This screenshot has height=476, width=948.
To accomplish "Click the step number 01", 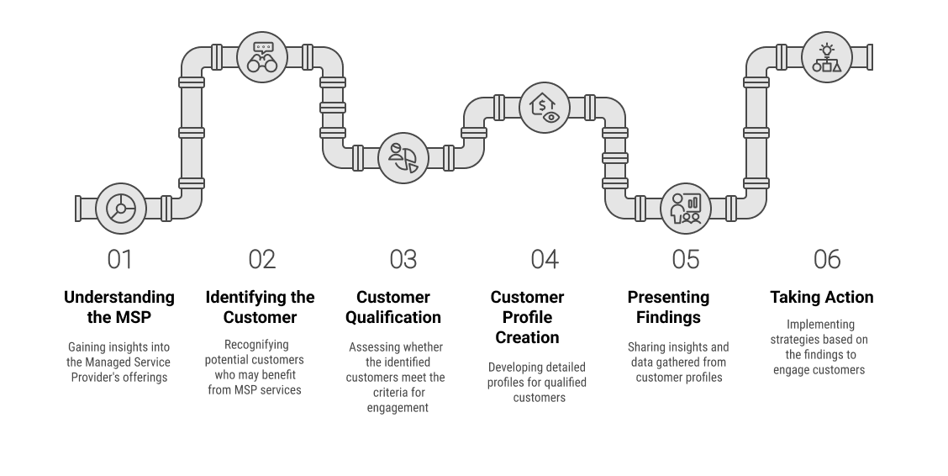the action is click(119, 260).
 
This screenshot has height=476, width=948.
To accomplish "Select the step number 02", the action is click(261, 260).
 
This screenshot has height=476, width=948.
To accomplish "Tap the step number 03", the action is click(403, 260).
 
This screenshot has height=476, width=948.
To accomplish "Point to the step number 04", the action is click(545, 260).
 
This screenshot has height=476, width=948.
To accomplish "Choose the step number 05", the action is click(686, 260).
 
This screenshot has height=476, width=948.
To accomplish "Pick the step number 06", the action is click(827, 260).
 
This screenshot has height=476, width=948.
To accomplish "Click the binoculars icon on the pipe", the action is click(261, 57).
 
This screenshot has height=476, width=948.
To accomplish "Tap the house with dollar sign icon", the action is click(545, 108).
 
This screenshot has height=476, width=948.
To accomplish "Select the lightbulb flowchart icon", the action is click(826, 57).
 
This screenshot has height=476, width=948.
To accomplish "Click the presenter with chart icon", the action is click(686, 209).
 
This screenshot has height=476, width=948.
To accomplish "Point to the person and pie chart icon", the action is click(403, 158).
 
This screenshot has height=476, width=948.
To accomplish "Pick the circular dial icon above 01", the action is click(121, 209).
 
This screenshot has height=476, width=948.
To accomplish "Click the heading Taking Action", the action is click(822, 297).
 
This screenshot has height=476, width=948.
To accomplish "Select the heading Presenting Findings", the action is click(668, 307).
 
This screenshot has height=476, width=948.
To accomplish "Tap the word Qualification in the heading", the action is click(393, 318).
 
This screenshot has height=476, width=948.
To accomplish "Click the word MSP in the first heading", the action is click(133, 318).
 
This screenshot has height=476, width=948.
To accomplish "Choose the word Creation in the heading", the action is click(527, 337).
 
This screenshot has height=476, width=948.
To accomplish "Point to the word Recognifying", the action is click(256, 345).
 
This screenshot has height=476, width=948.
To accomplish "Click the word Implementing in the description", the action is click(820, 325).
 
